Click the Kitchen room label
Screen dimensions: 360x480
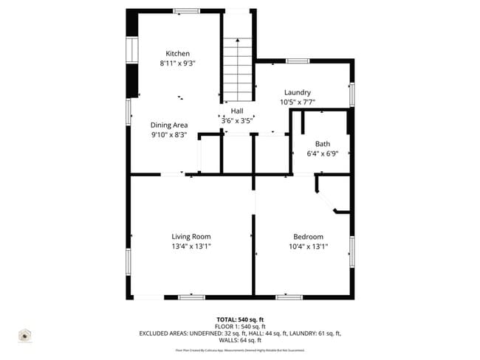[x=177, y=54]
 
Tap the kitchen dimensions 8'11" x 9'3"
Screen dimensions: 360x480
[x=177, y=64]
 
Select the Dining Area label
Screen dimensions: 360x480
[x=169, y=125]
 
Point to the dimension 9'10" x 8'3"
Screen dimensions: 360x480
[x=169, y=135]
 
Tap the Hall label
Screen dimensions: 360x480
[x=237, y=111]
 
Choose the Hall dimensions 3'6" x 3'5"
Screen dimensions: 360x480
[x=237, y=120]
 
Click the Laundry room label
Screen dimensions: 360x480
[x=297, y=92]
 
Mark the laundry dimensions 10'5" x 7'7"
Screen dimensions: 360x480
[x=297, y=102]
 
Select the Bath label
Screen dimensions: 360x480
[x=323, y=144]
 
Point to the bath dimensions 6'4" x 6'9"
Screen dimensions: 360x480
[x=323, y=153]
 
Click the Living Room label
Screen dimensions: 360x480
[x=191, y=237]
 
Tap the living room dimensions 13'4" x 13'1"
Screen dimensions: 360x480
[x=191, y=246]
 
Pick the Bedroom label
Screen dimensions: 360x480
[x=308, y=237]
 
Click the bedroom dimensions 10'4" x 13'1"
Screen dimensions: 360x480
[x=308, y=246]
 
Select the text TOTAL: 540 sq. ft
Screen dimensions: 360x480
[x=239, y=319]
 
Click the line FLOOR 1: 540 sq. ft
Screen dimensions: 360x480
[x=239, y=326]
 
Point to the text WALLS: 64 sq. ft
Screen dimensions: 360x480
[x=239, y=341]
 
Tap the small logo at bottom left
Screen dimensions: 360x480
[x=25, y=336]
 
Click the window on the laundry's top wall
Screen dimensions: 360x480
[x=297, y=60]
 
